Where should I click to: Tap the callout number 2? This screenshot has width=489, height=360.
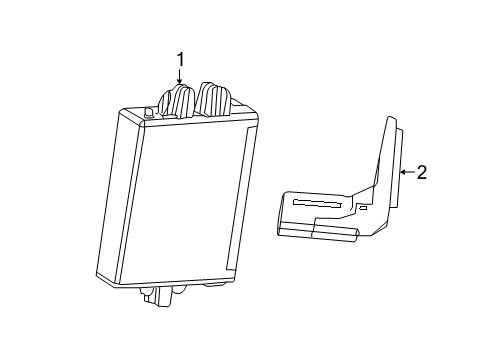pyautogui.click(x=421, y=172)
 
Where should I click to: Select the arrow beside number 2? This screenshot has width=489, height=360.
pyautogui.click(x=404, y=172)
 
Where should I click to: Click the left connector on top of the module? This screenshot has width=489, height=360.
pyautogui.click(x=180, y=102)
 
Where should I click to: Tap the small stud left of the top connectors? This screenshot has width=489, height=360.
pyautogui.click(x=149, y=113)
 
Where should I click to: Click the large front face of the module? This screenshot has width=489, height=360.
pyautogui.click(x=190, y=200)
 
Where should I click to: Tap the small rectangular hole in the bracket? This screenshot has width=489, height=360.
pyautogui.click(x=363, y=210)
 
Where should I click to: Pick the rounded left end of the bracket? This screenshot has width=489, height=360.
pyautogui.click(x=281, y=215)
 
